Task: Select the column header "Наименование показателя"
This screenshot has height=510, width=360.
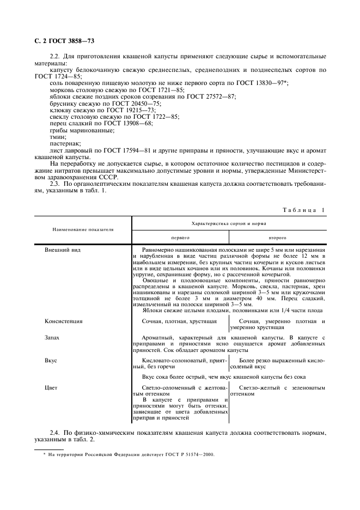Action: pyautogui.click(x=83, y=230)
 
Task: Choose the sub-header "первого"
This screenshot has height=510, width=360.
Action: pyautogui.click(x=180, y=238)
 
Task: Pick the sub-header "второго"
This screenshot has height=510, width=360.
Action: pyautogui.click(x=277, y=238)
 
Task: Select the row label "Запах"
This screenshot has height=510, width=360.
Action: pyautogui.click(x=52, y=338)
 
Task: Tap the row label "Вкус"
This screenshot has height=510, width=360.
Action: pyautogui.click(x=51, y=361)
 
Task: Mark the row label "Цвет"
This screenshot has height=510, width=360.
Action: pyautogui.click(x=51, y=387)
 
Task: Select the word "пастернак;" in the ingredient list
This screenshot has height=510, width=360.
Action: pyautogui.click(x=65, y=145)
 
